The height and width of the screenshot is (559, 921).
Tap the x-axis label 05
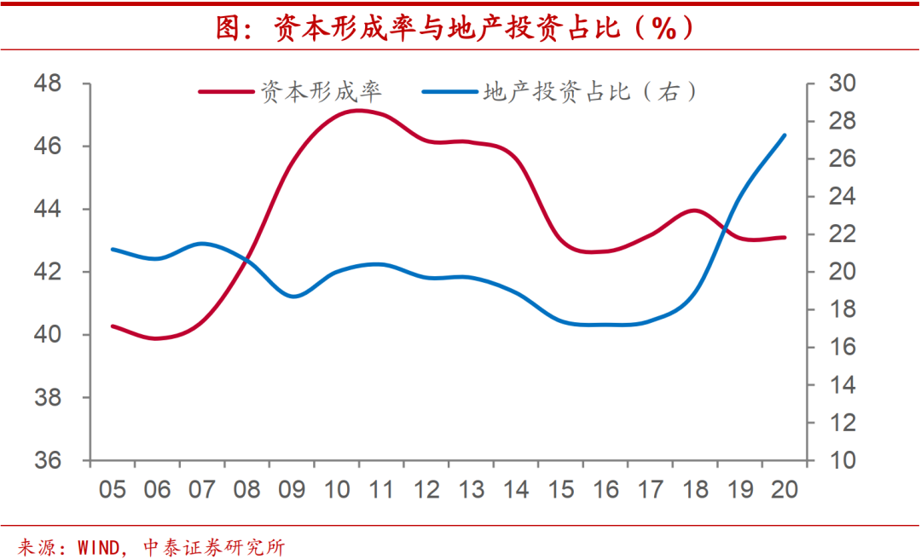(113, 490)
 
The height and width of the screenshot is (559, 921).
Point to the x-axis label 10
(337, 490)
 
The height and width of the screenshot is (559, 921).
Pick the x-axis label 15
(560, 490)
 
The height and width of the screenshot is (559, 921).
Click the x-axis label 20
(784, 490)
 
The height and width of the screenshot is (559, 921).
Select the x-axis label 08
(247, 490)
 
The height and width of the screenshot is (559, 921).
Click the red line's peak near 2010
(357, 110)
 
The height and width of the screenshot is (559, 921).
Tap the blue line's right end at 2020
(785, 135)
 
